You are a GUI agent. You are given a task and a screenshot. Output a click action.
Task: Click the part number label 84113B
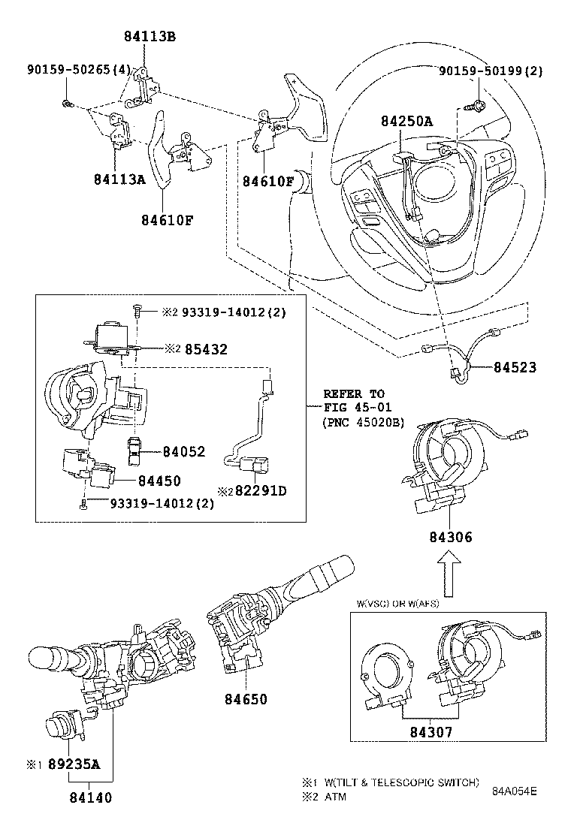click(x=150, y=37)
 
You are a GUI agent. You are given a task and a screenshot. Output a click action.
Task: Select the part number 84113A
click(x=119, y=179)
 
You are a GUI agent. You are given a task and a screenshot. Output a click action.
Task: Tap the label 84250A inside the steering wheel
click(x=405, y=122)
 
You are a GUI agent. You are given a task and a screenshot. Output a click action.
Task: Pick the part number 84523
click(x=517, y=367)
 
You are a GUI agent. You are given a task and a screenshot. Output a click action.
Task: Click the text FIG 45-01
click(x=354, y=408)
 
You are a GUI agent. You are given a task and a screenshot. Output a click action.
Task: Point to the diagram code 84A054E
click(x=515, y=791)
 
